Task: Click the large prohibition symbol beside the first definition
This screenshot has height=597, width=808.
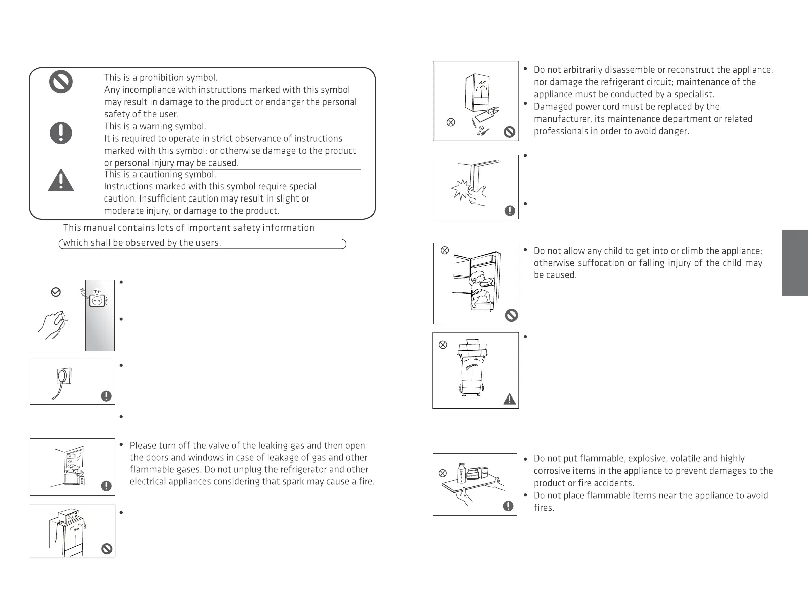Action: (x=61, y=82)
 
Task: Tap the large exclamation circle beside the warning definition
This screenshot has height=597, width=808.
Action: (x=61, y=133)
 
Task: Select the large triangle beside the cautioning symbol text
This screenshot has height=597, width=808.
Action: (x=61, y=180)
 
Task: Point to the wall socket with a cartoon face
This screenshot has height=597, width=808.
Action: (x=96, y=299)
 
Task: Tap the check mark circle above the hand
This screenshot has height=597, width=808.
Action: (x=56, y=292)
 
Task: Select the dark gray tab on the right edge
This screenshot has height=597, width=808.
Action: (x=795, y=263)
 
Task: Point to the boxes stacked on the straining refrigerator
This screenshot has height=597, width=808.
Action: (x=472, y=346)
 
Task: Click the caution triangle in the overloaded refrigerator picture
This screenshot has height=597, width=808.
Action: (x=509, y=399)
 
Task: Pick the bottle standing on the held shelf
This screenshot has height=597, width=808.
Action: (x=461, y=474)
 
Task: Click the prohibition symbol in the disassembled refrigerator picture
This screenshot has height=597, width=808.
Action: (x=509, y=132)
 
